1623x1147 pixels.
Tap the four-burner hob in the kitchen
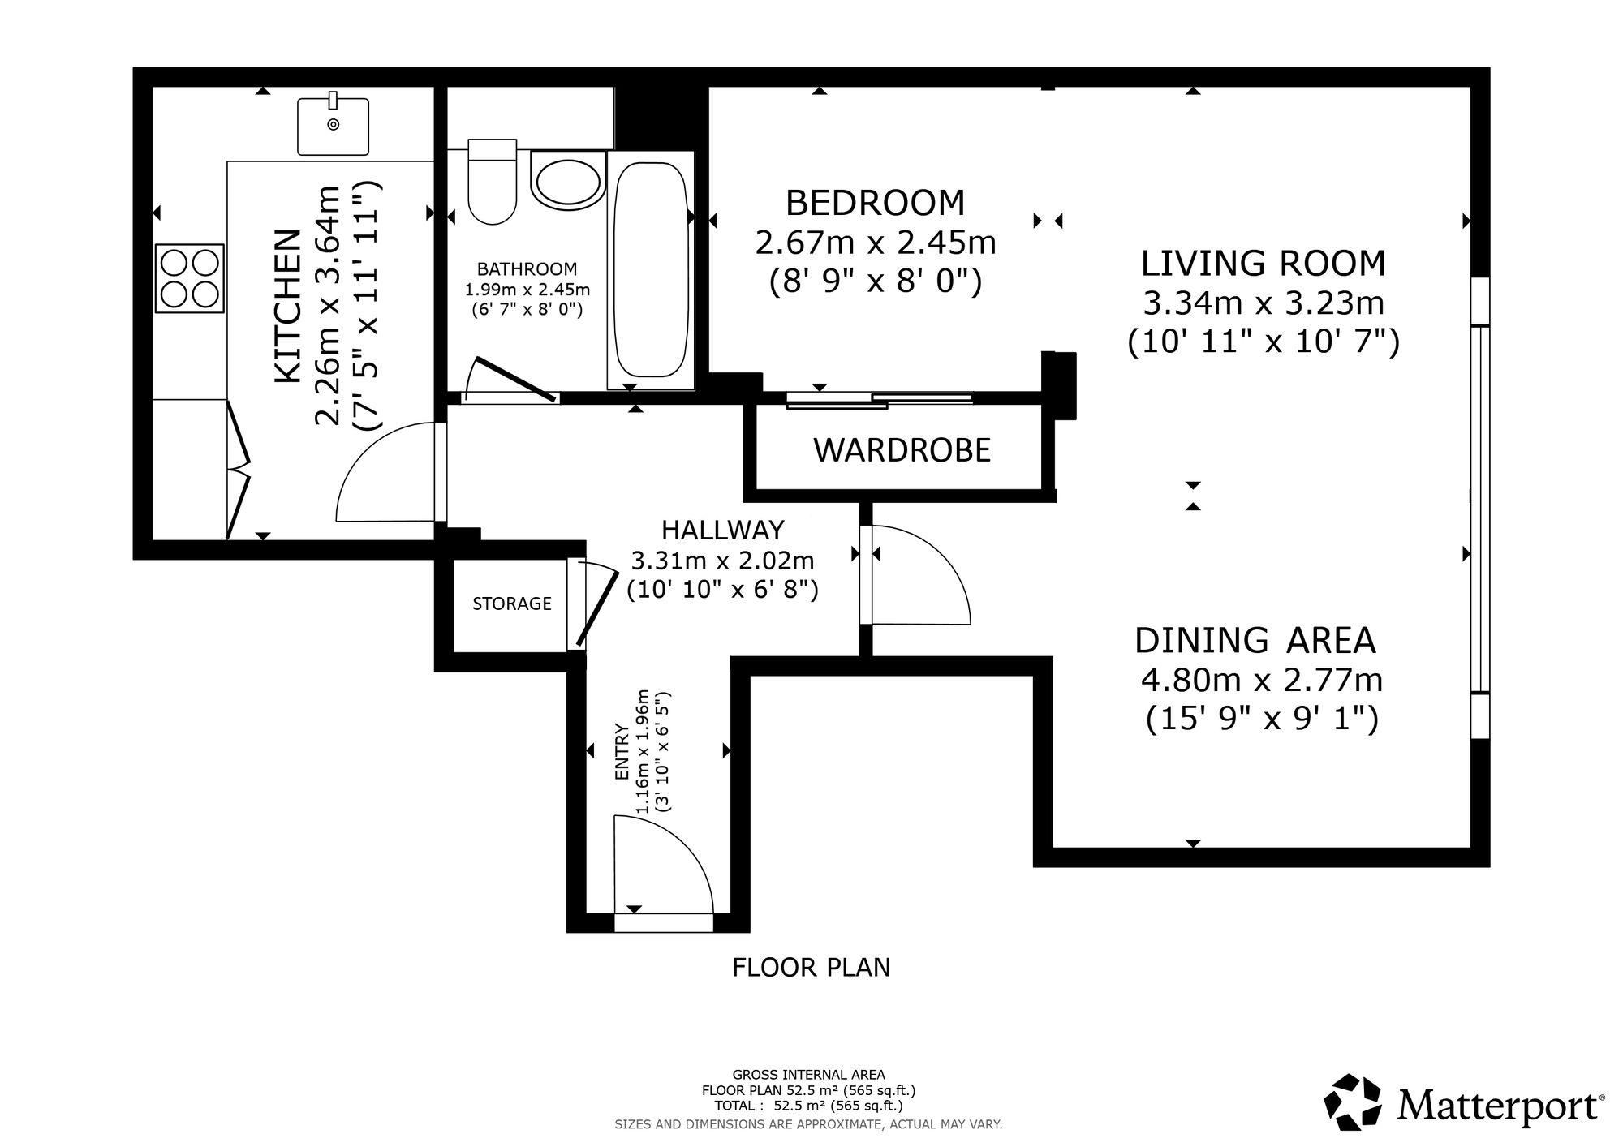tap(190, 278)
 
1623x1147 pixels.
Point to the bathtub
tap(651, 269)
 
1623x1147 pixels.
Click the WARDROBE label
tap(902, 450)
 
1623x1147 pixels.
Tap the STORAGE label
tap(512, 604)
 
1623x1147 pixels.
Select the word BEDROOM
tap(876, 203)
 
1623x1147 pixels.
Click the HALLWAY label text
tap(723, 530)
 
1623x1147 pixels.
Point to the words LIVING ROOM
tap(1264, 264)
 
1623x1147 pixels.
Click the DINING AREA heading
tap(1255, 640)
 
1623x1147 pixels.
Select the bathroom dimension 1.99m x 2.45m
tap(527, 289)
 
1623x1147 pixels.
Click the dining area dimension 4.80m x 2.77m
tap(1262, 680)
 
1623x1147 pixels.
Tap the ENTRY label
tap(622, 752)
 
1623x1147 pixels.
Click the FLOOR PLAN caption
tap(811, 968)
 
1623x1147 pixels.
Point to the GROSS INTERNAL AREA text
tap(809, 1075)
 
